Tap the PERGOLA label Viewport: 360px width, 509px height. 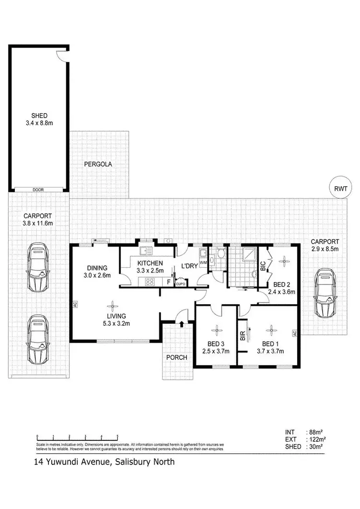click(98, 164)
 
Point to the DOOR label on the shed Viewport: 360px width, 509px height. click(38, 190)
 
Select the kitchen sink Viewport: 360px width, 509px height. click(146, 250)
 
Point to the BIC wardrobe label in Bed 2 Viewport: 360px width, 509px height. click(263, 267)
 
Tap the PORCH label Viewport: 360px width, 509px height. click(177, 357)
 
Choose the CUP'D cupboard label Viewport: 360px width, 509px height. click(180, 284)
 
